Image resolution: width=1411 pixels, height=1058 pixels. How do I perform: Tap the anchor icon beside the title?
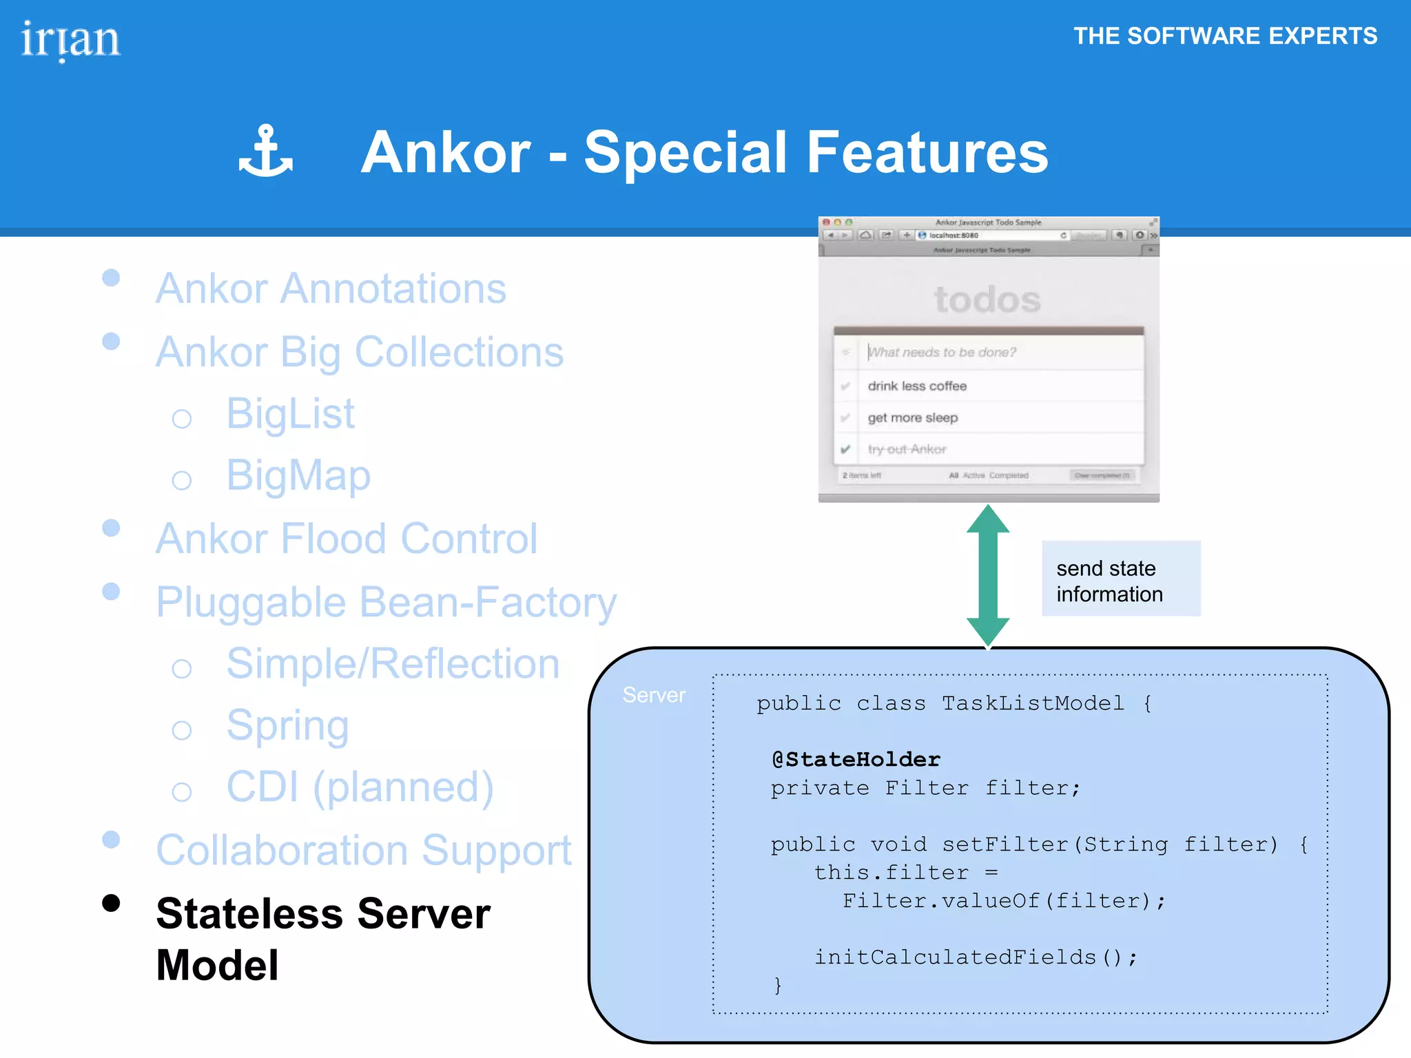pyautogui.click(x=265, y=151)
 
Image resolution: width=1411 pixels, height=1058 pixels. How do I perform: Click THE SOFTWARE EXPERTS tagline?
pyautogui.click(x=1225, y=36)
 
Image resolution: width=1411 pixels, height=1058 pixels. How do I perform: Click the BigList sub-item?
pyautogui.click(x=290, y=414)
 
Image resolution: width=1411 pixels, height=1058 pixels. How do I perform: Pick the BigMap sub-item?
pyautogui.click(x=298, y=475)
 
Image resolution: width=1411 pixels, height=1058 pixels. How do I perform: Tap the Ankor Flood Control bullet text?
pyautogui.click(x=346, y=539)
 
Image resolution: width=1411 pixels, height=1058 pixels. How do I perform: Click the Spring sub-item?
pyautogui.click(x=287, y=725)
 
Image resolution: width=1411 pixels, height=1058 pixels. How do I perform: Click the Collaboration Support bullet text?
pyautogui.click(x=364, y=850)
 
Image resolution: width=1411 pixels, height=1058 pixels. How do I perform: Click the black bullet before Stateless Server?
pyautogui.click(x=111, y=903)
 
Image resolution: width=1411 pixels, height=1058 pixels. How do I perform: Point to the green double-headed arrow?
pyautogui.click(x=987, y=576)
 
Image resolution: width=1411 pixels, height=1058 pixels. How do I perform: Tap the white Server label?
pyautogui.click(x=653, y=695)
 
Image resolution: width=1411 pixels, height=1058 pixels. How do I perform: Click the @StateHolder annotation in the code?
pyautogui.click(x=856, y=759)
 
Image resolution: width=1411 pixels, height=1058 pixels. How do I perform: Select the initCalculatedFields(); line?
pyautogui.click(x=975, y=957)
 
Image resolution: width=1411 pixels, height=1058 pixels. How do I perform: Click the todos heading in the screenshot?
pyautogui.click(x=987, y=300)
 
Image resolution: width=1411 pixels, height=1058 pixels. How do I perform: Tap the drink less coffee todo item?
pyautogui.click(x=917, y=386)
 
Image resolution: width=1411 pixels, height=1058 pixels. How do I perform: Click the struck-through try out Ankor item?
pyautogui.click(x=907, y=449)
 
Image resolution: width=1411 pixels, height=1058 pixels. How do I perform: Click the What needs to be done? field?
pyautogui.click(x=943, y=353)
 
